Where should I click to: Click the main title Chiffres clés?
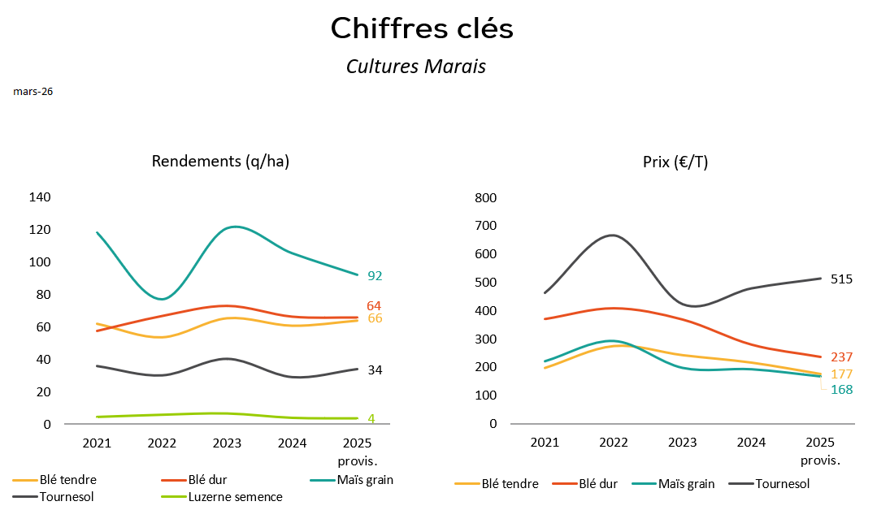422,29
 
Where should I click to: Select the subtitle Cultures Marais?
415,67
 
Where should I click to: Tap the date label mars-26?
33,92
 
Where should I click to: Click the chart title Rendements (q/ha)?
220,161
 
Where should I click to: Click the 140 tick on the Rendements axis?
41,197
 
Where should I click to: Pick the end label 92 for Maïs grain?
375,276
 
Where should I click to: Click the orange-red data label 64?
374,306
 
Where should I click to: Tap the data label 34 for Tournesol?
375,370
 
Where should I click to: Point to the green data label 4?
371,419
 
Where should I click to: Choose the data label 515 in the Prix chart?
841,279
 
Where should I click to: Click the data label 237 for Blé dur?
841,357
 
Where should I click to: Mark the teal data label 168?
841,390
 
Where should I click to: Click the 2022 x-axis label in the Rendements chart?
162,443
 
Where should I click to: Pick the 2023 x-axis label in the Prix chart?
682,443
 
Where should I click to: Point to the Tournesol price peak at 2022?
613,236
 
